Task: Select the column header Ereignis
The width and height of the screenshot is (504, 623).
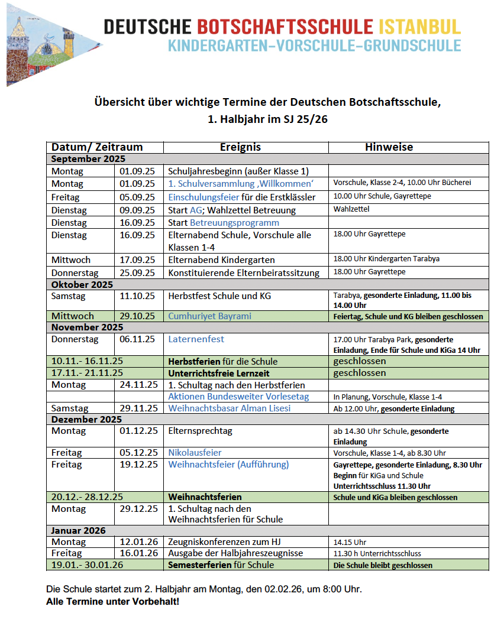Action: pyautogui.click(x=240, y=148)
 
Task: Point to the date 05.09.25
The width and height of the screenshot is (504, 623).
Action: pyautogui.click(x=137, y=197)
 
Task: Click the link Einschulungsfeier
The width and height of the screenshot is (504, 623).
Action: pyautogui.click(x=204, y=197)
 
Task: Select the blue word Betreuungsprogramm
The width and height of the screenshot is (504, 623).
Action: pyautogui.click(x=234, y=223)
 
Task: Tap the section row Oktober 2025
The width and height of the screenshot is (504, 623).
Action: pyautogui.click(x=82, y=285)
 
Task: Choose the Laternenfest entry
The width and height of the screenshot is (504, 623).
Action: pyautogui.click(x=196, y=339)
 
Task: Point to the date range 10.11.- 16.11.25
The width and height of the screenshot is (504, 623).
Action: pyautogui.click(x=87, y=361)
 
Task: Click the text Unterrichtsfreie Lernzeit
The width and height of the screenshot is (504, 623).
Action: pyautogui.click(x=219, y=373)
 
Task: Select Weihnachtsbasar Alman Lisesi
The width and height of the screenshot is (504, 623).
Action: pyautogui.click(x=230, y=408)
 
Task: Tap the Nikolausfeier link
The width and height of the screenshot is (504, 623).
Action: pyautogui.click(x=195, y=453)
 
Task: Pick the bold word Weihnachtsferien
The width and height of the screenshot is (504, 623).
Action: pyautogui.click(x=205, y=497)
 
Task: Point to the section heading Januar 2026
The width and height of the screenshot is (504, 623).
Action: pyautogui.click(x=79, y=531)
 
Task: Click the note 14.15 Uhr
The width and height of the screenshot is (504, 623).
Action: pyautogui.click(x=350, y=542)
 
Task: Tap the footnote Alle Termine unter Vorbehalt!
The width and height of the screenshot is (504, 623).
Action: pyautogui.click(x=112, y=602)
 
